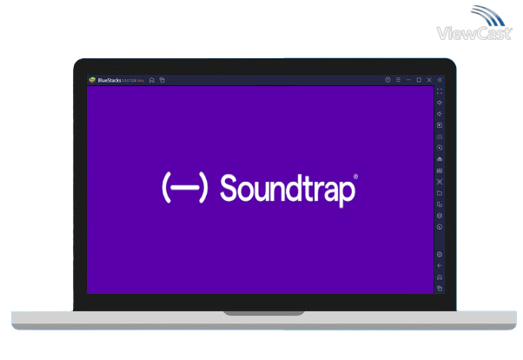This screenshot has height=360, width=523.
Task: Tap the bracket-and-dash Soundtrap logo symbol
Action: [x=184, y=188]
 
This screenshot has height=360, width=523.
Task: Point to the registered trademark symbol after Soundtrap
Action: [x=355, y=177]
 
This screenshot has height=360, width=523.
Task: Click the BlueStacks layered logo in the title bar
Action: [x=92, y=80]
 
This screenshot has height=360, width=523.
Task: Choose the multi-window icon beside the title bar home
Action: [x=162, y=80]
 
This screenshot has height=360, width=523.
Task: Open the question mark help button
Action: [x=387, y=80]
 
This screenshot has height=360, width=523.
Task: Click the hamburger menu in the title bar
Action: [x=398, y=80]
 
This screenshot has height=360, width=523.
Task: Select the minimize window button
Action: [x=408, y=80]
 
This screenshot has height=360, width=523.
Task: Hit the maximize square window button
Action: [x=419, y=80]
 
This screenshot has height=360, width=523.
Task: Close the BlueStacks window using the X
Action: [x=429, y=80]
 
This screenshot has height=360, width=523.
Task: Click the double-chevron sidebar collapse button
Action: [x=440, y=80]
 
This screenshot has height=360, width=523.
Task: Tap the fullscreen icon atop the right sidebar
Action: [x=440, y=91]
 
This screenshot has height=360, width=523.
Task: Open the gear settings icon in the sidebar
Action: [x=440, y=255]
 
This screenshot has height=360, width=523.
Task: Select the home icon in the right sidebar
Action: [x=440, y=277]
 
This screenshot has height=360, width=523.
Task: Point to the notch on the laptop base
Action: [x=261, y=312]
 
